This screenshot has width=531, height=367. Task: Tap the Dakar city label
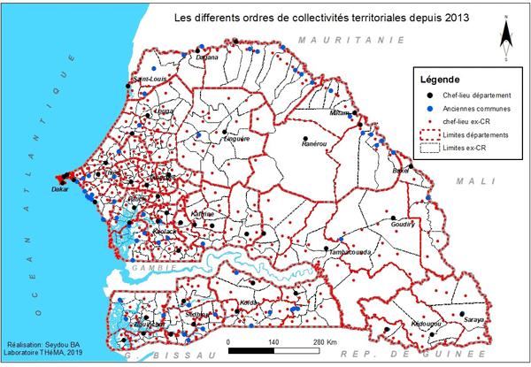click(x=60, y=189)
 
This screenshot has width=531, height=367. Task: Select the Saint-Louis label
click(x=149, y=80)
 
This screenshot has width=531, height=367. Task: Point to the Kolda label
click(x=249, y=302)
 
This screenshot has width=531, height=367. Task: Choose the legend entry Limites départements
click(x=475, y=135)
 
